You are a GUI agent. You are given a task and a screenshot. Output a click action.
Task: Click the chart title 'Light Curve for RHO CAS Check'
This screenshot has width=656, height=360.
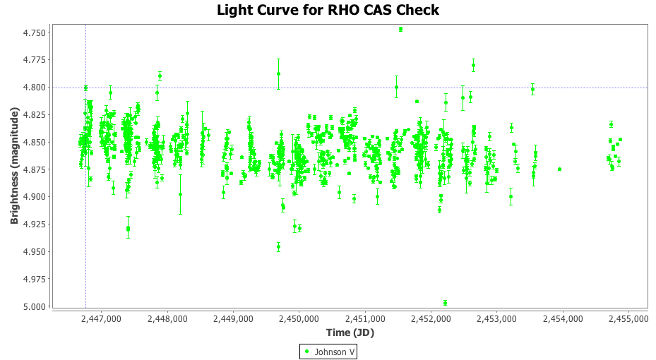point(328,10)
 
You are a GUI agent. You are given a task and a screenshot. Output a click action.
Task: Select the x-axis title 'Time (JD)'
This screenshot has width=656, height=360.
point(350,332)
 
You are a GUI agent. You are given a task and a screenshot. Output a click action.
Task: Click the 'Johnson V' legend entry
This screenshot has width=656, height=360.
point(328,352)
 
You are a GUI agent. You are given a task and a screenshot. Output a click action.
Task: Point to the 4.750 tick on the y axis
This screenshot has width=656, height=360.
point(34,32)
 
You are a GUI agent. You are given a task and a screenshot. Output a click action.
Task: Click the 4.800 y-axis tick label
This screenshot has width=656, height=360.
point(34,88)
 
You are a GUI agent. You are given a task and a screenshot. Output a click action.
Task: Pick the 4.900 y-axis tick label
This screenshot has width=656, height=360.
point(34,197)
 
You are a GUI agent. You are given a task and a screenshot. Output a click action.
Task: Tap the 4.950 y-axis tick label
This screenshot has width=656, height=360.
point(34,252)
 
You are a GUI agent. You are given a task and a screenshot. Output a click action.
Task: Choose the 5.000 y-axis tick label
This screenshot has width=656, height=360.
point(34,306)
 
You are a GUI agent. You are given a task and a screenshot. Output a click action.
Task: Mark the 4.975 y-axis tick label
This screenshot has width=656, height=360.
point(34,280)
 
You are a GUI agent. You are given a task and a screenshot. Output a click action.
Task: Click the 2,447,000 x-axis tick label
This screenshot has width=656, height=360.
point(102,319)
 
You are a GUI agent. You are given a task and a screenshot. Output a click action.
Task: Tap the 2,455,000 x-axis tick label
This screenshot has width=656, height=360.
point(628,319)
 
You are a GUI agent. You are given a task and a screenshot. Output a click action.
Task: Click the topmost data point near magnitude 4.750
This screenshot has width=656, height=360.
point(400,30)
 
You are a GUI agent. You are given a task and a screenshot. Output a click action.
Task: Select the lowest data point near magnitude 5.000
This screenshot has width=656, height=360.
point(445,303)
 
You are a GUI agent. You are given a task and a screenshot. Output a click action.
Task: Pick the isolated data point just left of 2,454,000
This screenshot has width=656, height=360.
point(559,169)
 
